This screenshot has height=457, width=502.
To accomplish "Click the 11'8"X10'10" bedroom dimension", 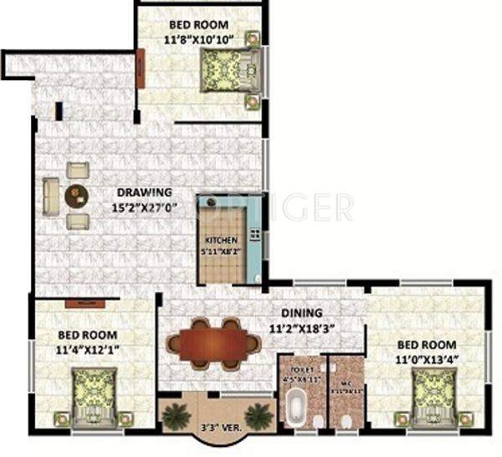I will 201,38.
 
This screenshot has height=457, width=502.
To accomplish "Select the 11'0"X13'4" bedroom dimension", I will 427,359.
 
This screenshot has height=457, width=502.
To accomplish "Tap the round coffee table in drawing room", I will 77,195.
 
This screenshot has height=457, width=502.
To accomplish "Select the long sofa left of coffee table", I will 50,195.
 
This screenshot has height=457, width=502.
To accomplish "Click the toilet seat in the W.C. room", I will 346,419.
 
